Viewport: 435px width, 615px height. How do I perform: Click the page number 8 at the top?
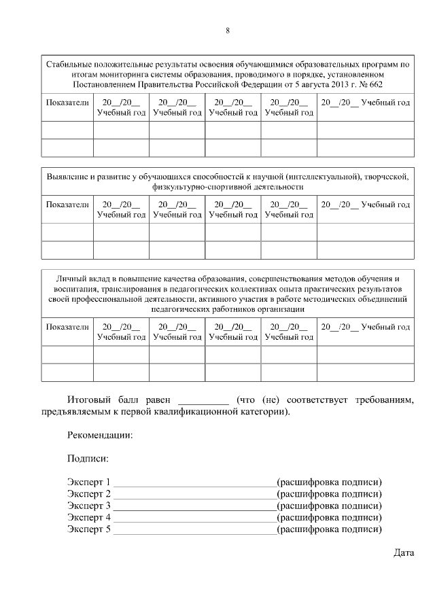228,31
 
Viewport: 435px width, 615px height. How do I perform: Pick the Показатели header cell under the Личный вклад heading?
67,327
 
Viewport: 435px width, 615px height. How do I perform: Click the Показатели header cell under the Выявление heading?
67,205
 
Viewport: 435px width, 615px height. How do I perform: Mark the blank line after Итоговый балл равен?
203,401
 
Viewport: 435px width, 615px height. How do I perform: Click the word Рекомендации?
100,436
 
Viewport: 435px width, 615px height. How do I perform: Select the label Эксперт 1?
88,482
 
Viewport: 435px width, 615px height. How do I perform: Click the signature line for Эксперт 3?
194,506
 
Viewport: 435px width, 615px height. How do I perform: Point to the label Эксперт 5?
88,530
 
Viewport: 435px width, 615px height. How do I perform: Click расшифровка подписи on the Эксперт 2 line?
329,494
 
